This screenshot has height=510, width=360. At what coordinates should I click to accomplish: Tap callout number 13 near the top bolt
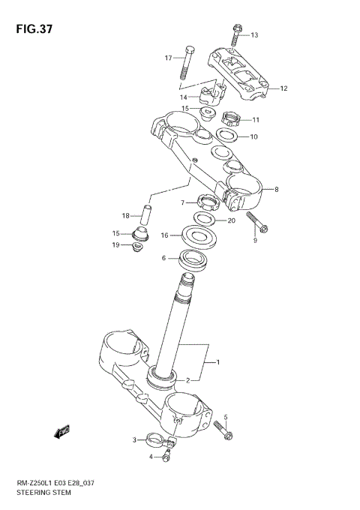(x=253, y=35)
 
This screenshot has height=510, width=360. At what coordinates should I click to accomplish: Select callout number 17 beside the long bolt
(x=169, y=58)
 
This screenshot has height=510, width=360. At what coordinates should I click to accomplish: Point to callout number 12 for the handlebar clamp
(x=284, y=88)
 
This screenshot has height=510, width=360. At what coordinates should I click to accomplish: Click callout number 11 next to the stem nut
(x=255, y=120)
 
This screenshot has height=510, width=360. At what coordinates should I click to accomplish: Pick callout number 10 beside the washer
(x=253, y=137)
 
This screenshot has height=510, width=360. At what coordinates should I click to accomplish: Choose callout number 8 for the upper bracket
(x=276, y=190)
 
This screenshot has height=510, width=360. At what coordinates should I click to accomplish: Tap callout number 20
(x=231, y=220)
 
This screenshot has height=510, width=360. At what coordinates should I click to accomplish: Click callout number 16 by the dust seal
(x=165, y=235)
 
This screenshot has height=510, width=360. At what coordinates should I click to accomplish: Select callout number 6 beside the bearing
(x=163, y=258)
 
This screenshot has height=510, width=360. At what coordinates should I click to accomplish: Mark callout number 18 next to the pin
(x=126, y=216)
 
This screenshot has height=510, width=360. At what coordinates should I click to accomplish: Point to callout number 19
(x=116, y=245)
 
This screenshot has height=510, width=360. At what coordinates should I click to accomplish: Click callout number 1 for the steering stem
(x=217, y=364)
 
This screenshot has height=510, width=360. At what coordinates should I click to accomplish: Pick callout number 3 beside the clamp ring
(x=135, y=440)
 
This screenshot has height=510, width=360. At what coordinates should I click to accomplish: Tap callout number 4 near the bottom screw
(x=151, y=457)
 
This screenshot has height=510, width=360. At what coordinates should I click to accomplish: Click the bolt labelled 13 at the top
(x=237, y=31)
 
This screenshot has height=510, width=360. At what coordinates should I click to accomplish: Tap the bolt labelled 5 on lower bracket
(x=223, y=430)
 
